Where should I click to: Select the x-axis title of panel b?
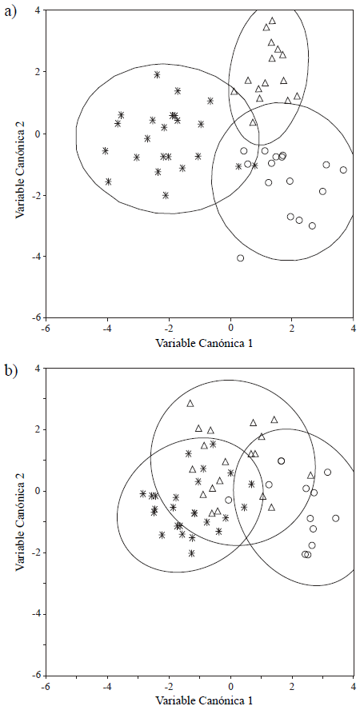pyautogui.click(x=199, y=702)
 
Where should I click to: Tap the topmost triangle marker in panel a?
pyautogui.click(x=272, y=21)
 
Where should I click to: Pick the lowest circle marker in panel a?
pyautogui.click(x=240, y=257)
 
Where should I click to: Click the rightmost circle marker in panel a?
pyautogui.click(x=343, y=170)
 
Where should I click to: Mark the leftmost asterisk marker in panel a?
pyautogui.click(x=105, y=150)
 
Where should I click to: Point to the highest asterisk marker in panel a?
pyautogui.click(x=157, y=74)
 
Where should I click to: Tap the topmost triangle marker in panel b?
pyautogui.click(x=190, y=403)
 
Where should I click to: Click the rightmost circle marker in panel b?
pyautogui.click(x=336, y=518)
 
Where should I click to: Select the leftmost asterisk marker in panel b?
pyautogui.click(x=142, y=493)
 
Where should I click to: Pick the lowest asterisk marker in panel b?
pyautogui.click(x=192, y=552)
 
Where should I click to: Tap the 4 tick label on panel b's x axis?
pyautogui.click(x=353, y=685)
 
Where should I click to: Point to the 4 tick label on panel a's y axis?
pyautogui.click(x=36, y=10)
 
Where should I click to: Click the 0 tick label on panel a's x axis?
pyautogui.click(x=230, y=328)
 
